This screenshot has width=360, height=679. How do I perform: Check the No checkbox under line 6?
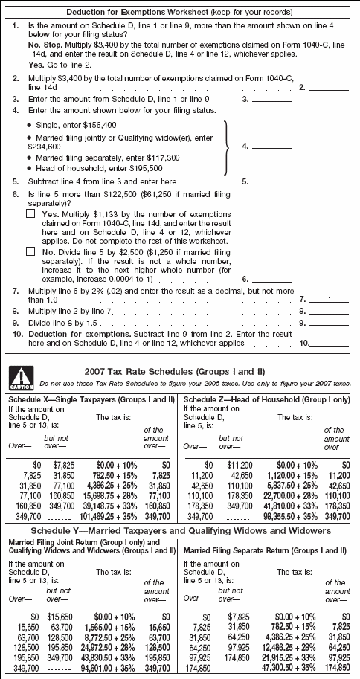tap(30, 251)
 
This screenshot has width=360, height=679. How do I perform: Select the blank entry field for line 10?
tap(334, 344)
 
